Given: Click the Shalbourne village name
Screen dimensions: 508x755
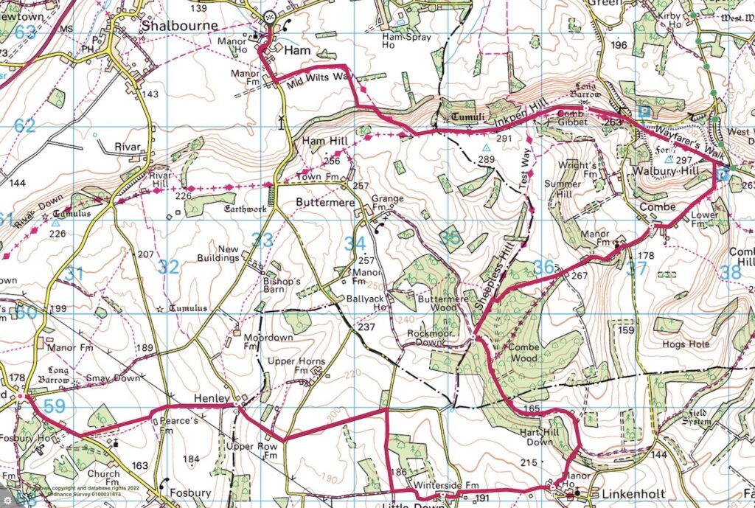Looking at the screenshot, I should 180,26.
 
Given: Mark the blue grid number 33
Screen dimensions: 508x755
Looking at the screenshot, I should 262,239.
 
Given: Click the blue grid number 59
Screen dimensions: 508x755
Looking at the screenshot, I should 55,406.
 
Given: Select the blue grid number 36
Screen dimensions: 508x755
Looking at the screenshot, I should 543,267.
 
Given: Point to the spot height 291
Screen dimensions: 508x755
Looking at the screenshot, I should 504,139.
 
